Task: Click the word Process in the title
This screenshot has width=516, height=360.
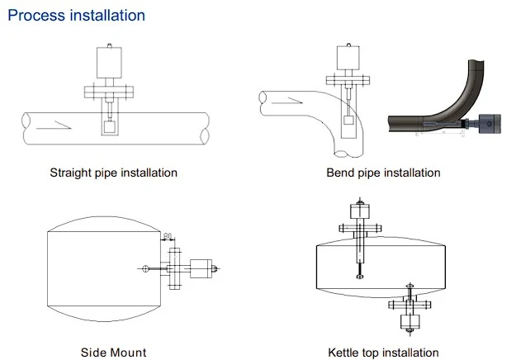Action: [x=36, y=16]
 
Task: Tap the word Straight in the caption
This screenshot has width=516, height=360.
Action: [x=71, y=173]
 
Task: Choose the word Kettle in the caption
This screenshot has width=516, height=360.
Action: [x=343, y=353]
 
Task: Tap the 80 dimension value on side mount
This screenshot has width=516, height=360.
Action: [x=168, y=236]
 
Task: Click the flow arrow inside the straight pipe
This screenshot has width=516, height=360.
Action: [x=54, y=126]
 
